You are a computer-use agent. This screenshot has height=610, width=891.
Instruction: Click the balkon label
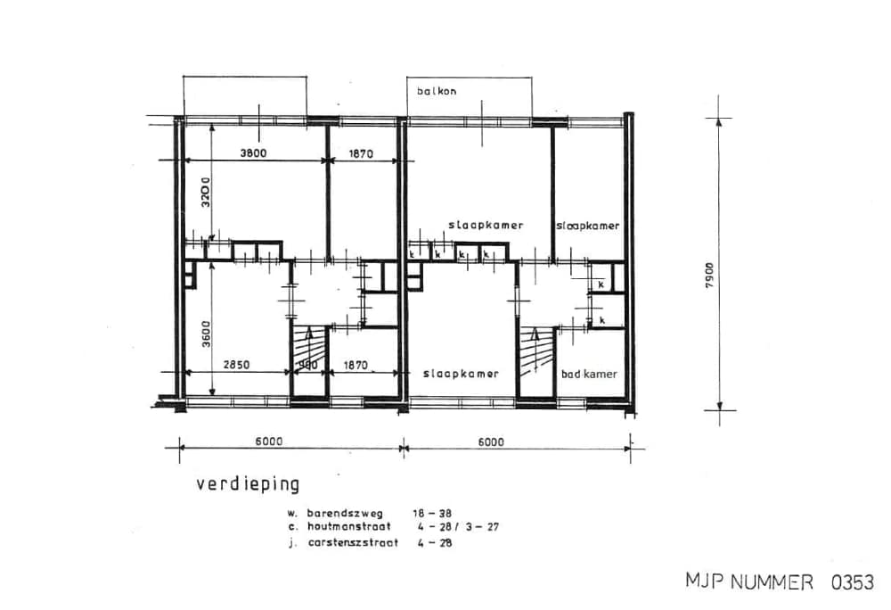[436, 91]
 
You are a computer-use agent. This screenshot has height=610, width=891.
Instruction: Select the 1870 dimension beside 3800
[360, 153]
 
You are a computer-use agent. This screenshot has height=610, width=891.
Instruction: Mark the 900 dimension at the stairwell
[307, 365]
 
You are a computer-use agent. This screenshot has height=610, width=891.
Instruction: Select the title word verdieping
[248, 484]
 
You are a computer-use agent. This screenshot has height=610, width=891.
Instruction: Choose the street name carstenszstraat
[352, 541]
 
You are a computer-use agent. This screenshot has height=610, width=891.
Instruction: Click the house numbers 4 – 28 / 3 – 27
[457, 527]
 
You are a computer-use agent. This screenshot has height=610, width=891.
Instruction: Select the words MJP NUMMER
[749, 582]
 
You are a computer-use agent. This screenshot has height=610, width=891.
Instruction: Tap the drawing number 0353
[852, 582]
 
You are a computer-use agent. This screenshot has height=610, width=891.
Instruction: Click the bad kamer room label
[589, 375]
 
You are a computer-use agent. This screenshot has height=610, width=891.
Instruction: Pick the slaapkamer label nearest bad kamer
[460, 374]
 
